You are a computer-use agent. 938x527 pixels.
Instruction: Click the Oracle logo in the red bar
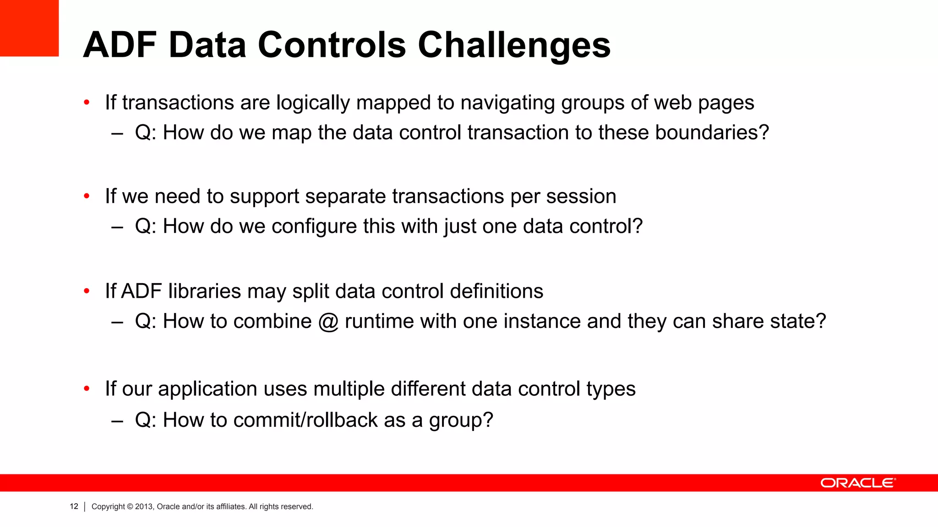click(x=858, y=483)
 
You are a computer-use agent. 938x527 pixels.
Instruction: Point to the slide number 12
click(x=74, y=506)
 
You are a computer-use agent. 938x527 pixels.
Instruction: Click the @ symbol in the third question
click(x=328, y=321)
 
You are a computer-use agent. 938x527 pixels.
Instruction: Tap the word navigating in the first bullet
click(x=508, y=102)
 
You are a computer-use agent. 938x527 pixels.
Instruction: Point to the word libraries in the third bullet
click(x=204, y=291)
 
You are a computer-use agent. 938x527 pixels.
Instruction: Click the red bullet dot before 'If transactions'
click(x=87, y=103)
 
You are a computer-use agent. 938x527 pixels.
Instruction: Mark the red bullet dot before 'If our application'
click(x=87, y=389)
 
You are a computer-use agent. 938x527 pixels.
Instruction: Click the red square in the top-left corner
click(x=29, y=28)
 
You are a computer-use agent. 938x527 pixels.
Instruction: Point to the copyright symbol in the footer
click(x=130, y=506)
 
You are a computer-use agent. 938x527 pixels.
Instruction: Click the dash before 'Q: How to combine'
click(x=117, y=322)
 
